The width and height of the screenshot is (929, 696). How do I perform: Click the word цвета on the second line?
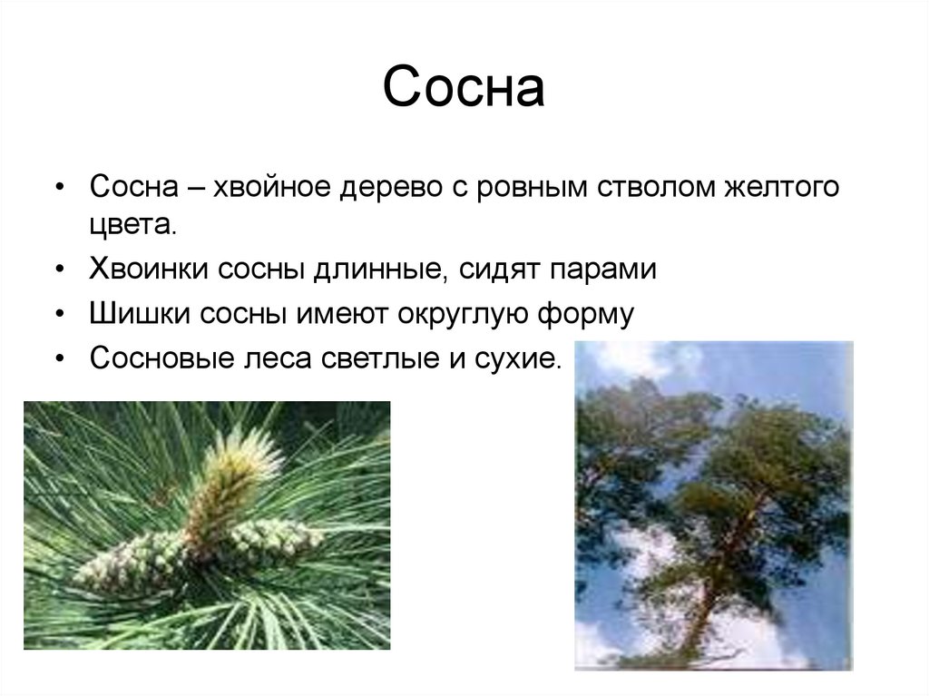coord(131,223)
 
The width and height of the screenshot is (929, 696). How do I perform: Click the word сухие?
coord(519,358)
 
